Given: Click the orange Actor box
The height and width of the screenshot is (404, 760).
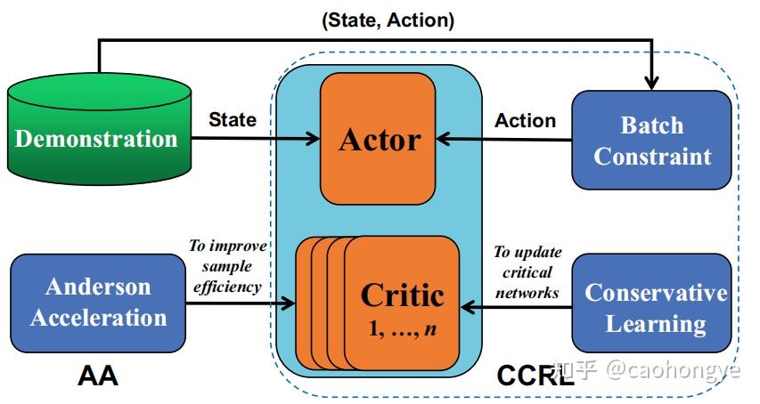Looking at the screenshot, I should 378,139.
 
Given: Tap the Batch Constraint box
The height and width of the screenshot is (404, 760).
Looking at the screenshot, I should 651,140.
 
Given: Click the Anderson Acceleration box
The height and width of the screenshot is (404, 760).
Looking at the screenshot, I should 97,303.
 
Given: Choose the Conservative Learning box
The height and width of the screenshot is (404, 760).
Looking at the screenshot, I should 656,307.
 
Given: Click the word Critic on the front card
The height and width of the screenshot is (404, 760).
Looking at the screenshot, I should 402,295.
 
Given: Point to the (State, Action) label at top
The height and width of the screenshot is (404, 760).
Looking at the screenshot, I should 388,20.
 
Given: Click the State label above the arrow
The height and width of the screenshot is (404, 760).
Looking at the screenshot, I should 232,118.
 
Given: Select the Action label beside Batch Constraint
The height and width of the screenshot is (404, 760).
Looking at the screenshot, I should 526,120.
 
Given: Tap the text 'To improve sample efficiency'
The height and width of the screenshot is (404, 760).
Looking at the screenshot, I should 225,266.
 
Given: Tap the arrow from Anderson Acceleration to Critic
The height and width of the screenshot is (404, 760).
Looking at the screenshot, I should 241,304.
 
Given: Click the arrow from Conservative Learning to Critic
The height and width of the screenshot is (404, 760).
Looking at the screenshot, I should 517,307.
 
